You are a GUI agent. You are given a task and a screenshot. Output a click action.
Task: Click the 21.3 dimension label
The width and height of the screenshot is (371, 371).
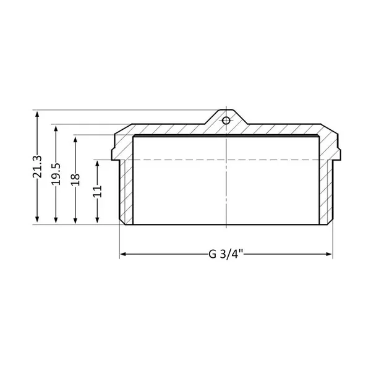click(x=37, y=166)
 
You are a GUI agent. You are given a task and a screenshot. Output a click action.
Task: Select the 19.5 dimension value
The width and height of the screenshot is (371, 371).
click(x=56, y=174)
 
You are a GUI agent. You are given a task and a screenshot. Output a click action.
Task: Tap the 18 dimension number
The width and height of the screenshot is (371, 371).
click(x=75, y=180)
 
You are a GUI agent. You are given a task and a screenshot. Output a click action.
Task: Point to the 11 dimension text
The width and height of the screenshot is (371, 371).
click(x=97, y=192)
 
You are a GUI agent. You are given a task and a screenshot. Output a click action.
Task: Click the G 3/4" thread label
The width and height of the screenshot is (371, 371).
click(x=226, y=254)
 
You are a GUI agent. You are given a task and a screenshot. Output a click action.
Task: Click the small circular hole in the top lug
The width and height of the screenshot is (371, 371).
click(x=226, y=121)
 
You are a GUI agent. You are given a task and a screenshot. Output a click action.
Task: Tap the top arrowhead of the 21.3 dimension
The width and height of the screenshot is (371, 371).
click(x=37, y=114)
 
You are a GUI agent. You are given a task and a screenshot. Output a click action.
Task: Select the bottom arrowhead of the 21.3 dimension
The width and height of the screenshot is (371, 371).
click(x=37, y=220)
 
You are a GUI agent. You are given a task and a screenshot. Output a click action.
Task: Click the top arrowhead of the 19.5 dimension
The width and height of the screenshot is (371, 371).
click(x=56, y=129)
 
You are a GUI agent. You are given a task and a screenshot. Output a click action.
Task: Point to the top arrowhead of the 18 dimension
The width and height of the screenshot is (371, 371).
click(x=75, y=140)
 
